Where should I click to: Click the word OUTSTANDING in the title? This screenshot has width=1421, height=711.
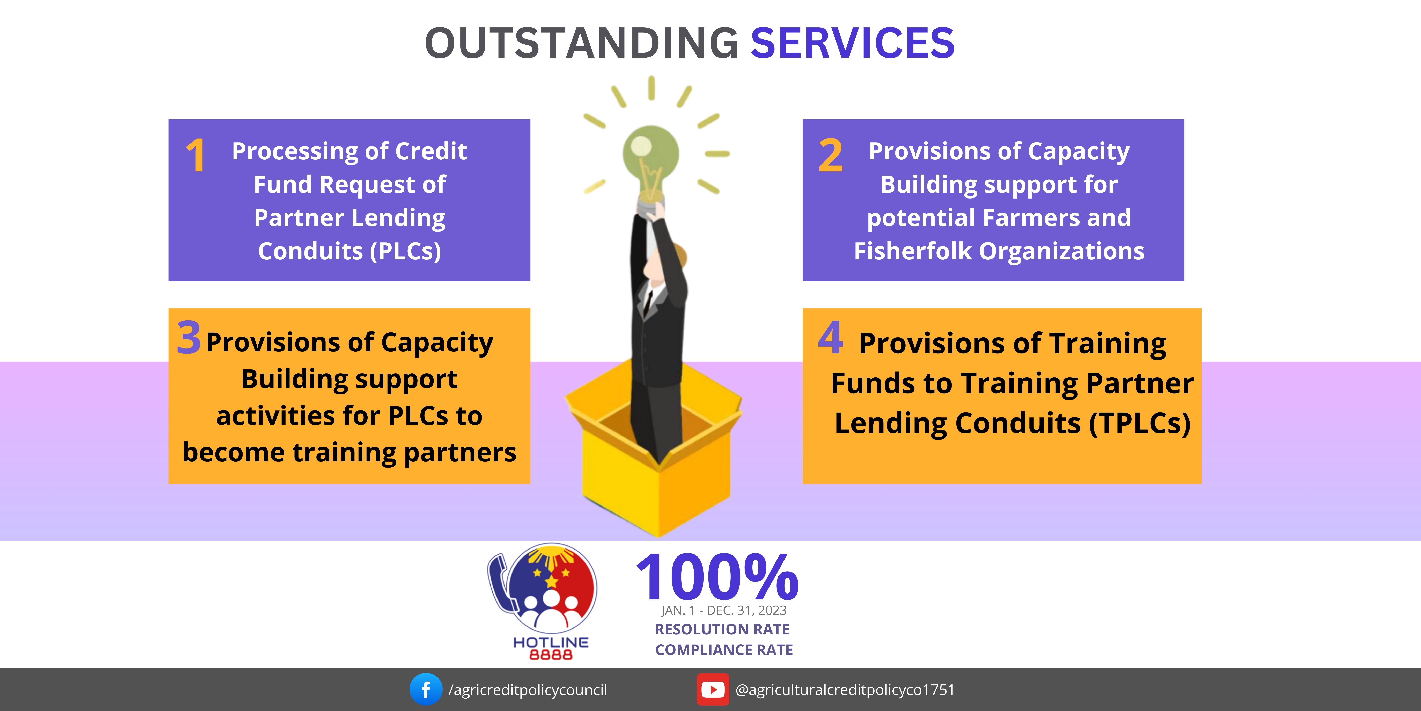point(582,43)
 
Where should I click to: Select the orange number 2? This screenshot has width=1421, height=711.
point(831,156)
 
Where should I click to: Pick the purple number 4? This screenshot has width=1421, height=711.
point(831,337)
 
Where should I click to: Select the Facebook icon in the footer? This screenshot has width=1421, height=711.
point(426,689)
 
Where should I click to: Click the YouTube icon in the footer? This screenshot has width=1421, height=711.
point(713,689)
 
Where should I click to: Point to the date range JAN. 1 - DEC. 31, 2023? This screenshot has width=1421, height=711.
point(724,611)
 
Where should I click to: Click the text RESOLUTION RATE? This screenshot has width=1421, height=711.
point(722,629)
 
